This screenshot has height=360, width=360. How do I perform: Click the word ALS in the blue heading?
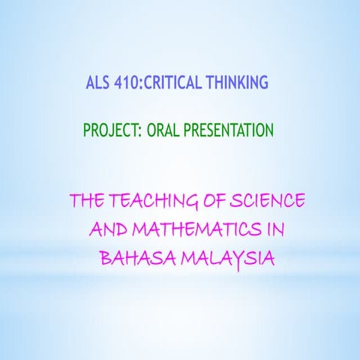click(x=99, y=82)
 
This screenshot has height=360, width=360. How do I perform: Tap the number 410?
click(x=127, y=82)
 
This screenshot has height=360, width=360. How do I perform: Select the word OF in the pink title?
click(x=209, y=202)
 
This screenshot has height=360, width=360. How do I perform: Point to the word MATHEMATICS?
click(x=196, y=230)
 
